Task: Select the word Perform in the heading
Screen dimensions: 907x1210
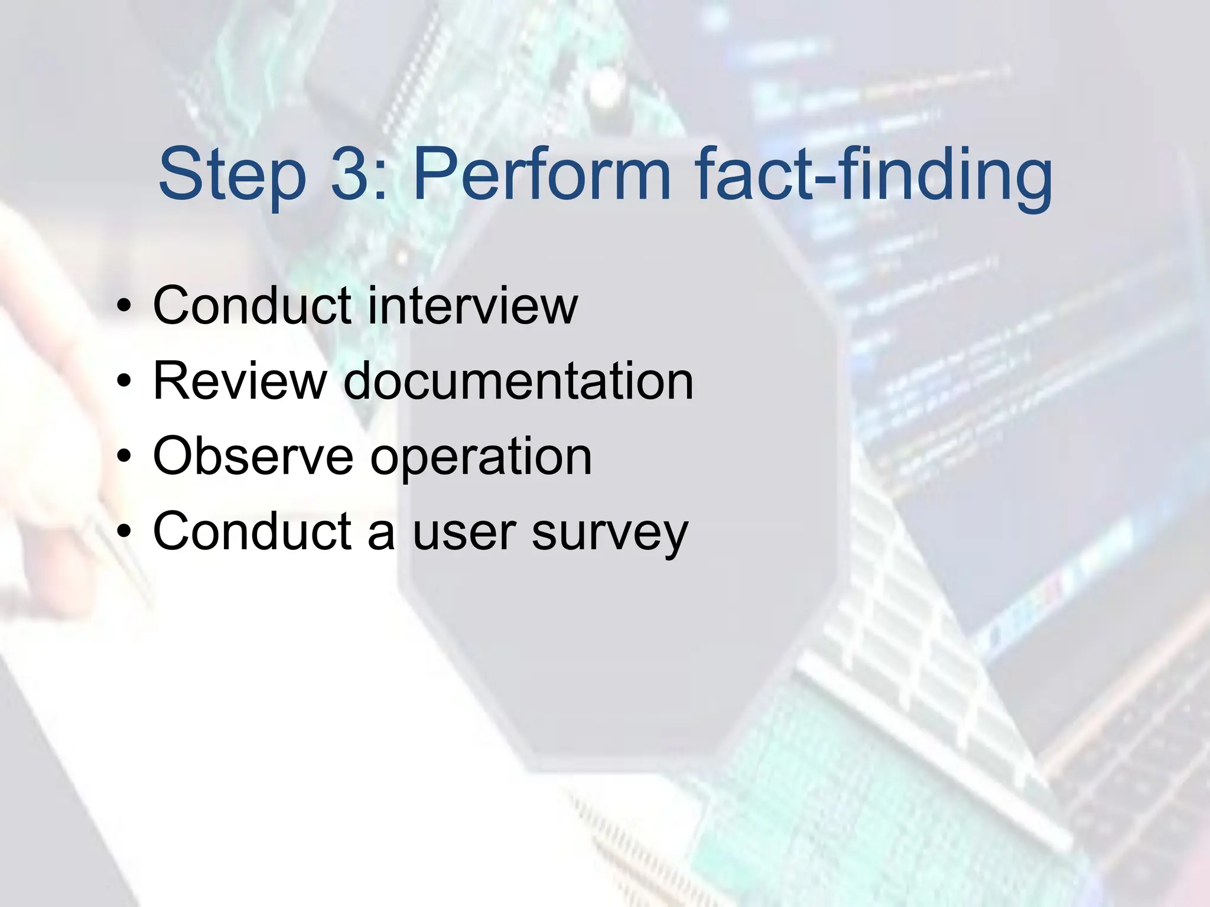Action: [541, 174]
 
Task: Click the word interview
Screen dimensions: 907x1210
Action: [472, 305]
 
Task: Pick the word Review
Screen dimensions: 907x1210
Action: [240, 381]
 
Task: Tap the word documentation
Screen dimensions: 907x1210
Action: [518, 381]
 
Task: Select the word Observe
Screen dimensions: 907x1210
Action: [253, 456]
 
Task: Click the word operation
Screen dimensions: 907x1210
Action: [481, 458]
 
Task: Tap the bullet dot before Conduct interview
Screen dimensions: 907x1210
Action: [123, 306]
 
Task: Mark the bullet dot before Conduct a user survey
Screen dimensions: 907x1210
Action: [123, 532]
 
